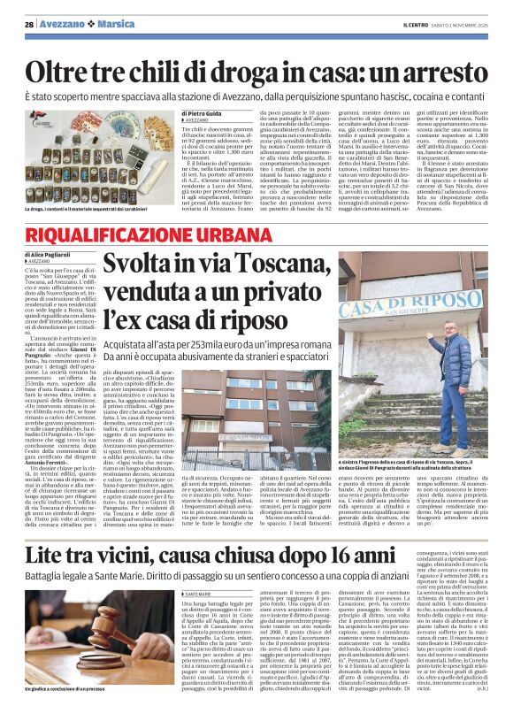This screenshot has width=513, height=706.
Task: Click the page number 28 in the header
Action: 29,23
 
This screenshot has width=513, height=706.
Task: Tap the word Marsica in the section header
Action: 116,23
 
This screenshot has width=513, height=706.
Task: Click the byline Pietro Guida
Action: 205,112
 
